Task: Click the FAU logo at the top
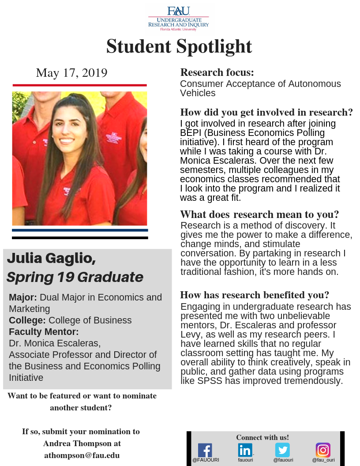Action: pyautogui.click(x=179, y=18)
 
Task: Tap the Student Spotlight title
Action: pyautogui.click(x=179, y=46)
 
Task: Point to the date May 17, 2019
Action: pyautogui.click(x=71, y=73)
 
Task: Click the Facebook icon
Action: pyautogui.click(x=205, y=450)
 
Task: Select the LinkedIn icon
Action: pyautogui.click(x=245, y=450)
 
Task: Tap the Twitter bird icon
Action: pyautogui.click(x=282, y=450)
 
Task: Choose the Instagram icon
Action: pyautogui.click(x=323, y=450)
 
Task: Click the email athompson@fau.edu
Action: pyautogui.click(x=82, y=455)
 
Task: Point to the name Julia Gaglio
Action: pyautogui.click(x=51, y=258)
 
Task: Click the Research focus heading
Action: pyautogui.click(x=217, y=72)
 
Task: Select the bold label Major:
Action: pyautogui.click(x=23, y=297)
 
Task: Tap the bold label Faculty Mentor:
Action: pyautogui.click(x=44, y=332)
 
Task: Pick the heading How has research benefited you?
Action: pyautogui.click(x=255, y=295)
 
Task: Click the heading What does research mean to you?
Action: pyautogui.click(x=259, y=215)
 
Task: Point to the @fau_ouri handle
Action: pyautogui.click(x=323, y=460)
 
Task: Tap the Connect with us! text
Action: pyautogui.click(x=262, y=437)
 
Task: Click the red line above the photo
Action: pyautogui.click(x=79, y=85)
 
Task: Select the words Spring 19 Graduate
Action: pyautogui.click(x=75, y=277)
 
